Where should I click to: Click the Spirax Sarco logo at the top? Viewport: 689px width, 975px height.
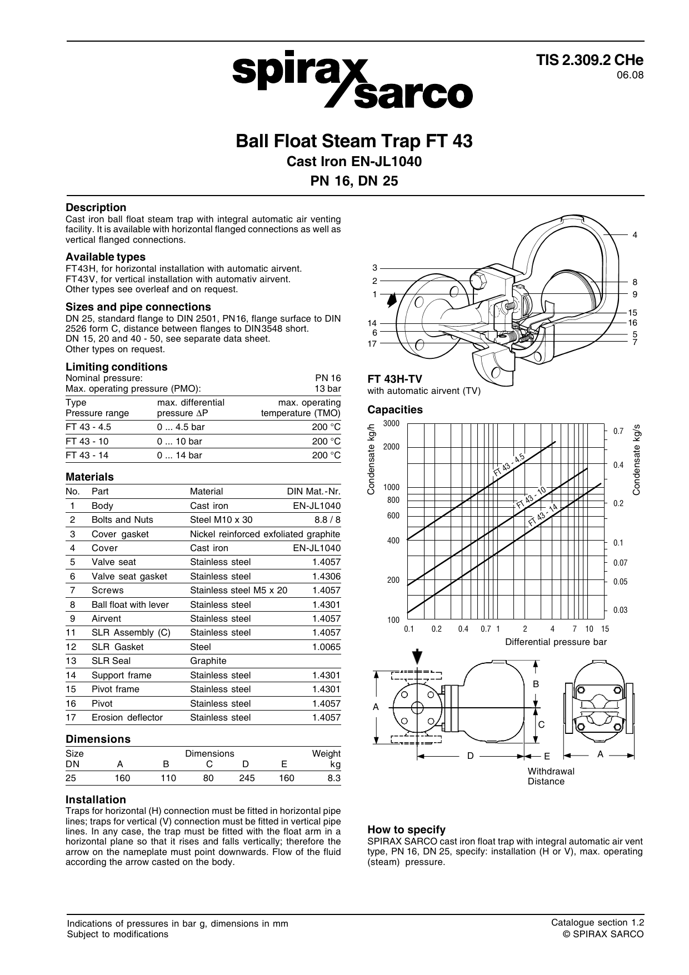pyautogui.click(x=352, y=83)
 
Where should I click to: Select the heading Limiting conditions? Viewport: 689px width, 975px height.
pyautogui.click(x=116, y=367)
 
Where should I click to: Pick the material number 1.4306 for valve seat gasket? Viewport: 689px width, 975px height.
pyautogui.click(x=326, y=576)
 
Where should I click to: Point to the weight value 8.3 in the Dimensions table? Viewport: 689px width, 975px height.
pyautogui.click(x=333, y=778)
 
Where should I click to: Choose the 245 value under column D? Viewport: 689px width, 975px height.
pyautogui.click(x=247, y=778)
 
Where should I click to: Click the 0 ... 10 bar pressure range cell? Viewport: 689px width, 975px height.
pyautogui.click(x=179, y=441)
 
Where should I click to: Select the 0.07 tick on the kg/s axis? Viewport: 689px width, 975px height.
pyautogui.click(x=620, y=563)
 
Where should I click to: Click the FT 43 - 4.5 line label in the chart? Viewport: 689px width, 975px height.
pyautogui.click(x=509, y=465)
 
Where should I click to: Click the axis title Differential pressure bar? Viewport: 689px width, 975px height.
pyautogui.click(x=556, y=642)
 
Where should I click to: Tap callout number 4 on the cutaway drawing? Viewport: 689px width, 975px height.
pyautogui.click(x=635, y=235)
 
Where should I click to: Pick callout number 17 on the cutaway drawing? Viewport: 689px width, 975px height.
pyautogui.click(x=372, y=343)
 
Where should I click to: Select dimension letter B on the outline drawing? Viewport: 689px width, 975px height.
pyautogui.click(x=536, y=684)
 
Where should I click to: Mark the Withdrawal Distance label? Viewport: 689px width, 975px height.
pyautogui.click(x=551, y=776)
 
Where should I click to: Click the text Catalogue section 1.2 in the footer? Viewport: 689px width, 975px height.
pyautogui.click(x=597, y=922)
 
